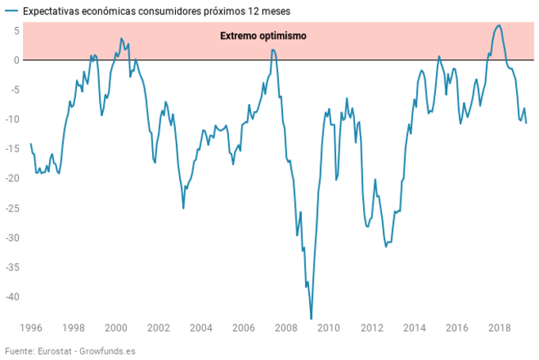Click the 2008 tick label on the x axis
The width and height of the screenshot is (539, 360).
286,327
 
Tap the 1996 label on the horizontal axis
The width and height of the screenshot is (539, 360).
31,327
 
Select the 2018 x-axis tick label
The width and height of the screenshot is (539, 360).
499,327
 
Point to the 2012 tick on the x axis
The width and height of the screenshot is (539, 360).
371,327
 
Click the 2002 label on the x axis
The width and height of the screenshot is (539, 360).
159,327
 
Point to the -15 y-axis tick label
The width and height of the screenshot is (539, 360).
10,149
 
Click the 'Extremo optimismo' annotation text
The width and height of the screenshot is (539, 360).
262,36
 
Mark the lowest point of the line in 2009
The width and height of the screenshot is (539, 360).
312,319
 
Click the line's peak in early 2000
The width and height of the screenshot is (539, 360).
121,38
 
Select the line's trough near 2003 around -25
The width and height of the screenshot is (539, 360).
183,208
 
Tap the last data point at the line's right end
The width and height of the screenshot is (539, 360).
526,123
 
